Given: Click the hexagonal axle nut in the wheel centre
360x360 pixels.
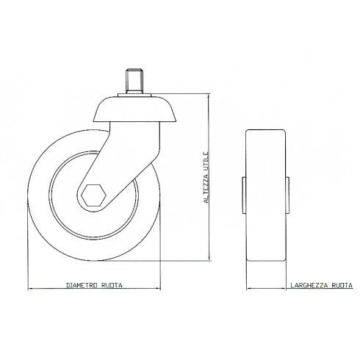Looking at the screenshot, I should (x=93, y=196).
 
